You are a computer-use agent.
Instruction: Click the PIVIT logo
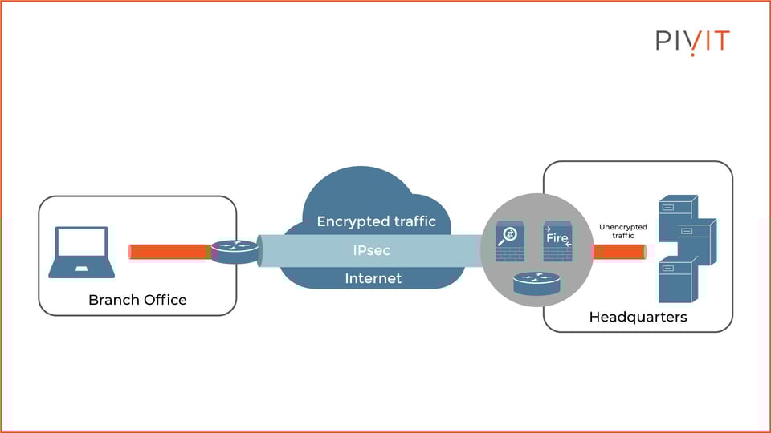click(x=691, y=40)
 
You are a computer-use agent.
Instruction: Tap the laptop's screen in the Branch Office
click(x=81, y=242)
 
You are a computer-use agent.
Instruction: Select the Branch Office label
click(x=137, y=300)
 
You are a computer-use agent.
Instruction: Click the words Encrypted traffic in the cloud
click(x=376, y=221)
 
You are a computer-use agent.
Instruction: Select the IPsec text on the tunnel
click(x=373, y=250)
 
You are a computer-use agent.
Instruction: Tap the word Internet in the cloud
click(x=373, y=278)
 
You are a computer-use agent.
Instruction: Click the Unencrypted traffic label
click(x=622, y=232)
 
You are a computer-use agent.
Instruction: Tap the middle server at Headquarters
click(x=692, y=241)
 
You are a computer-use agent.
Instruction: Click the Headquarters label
click(x=638, y=317)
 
